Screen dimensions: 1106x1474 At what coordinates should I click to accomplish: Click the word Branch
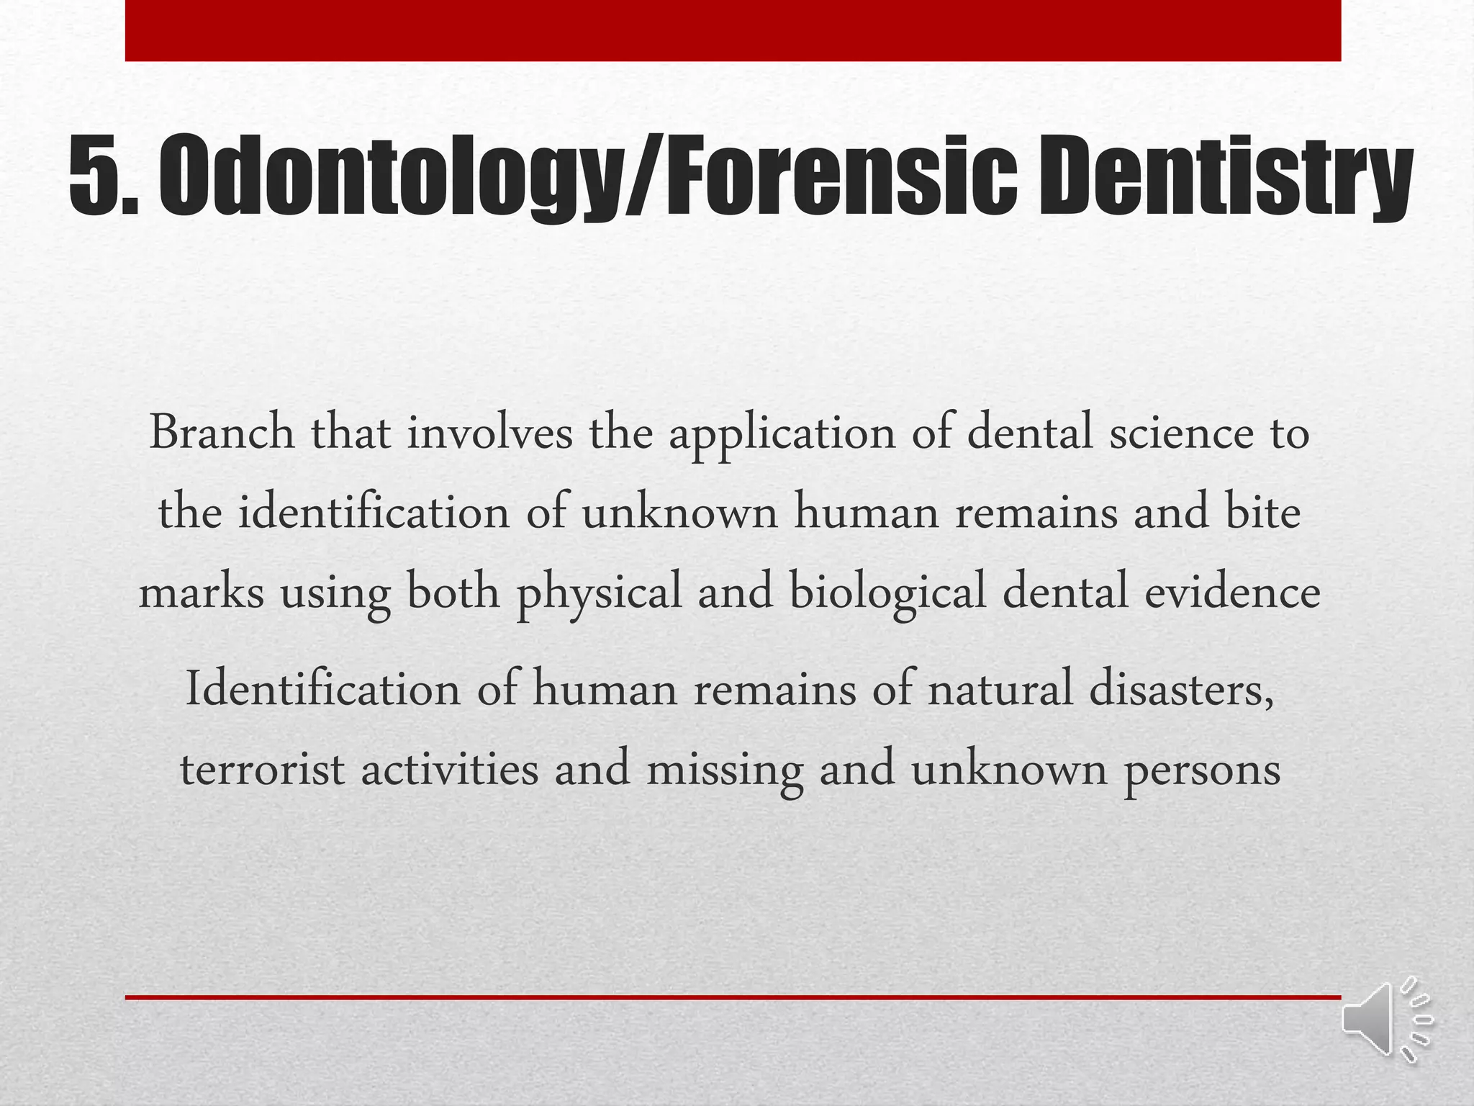(222, 433)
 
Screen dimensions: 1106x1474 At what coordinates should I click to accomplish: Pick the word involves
(489, 433)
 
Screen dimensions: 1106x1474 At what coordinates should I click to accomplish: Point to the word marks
(202, 593)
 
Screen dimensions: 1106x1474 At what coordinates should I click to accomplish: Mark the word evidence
(1232, 593)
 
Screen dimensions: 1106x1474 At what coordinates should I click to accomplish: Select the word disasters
(1181, 689)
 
